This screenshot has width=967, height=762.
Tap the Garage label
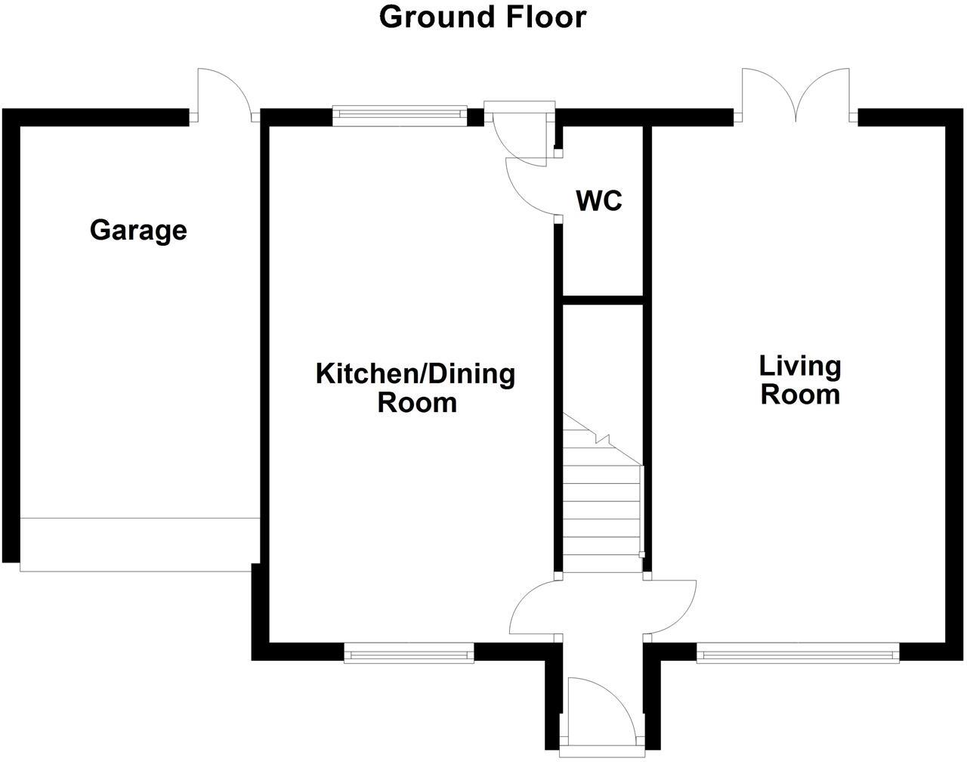[x=138, y=231]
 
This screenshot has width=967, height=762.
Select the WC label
[x=599, y=200]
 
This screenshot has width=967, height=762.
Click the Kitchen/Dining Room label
[x=416, y=388]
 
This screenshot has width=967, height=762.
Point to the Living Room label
[x=800, y=380]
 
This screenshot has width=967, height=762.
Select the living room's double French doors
[x=796, y=95]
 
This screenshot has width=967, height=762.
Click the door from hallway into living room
[x=669, y=609]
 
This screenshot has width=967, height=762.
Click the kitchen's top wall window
[x=400, y=116]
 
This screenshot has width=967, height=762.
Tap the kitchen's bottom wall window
[x=409, y=652]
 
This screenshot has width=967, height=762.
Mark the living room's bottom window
[x=798, y=652]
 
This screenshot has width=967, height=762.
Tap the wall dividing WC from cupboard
[x=603, y=300]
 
